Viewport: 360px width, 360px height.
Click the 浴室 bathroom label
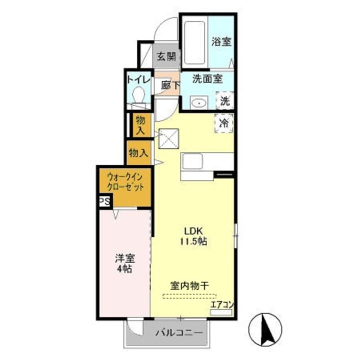click(x=221, y=41)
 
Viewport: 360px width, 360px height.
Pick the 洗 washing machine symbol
click(x=225, y=100)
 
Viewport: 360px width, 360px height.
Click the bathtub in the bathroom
click(x=194, y=42)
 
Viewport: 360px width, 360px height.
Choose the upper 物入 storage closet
click(x=140, y=125)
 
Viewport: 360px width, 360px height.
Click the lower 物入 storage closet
click(x=138, y=153)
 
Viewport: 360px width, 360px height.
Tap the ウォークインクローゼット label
click(x=125, y=183)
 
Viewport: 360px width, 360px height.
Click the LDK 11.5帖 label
click(x=193, y=236)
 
